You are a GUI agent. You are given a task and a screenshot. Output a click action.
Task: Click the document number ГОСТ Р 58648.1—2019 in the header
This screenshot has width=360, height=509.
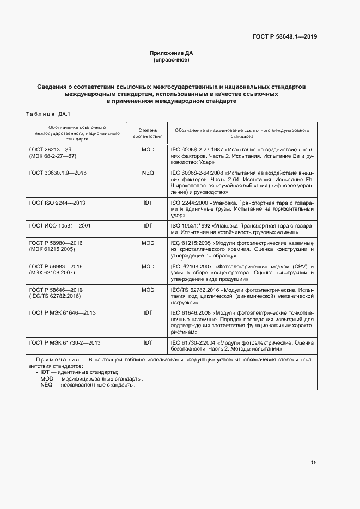[284, 37]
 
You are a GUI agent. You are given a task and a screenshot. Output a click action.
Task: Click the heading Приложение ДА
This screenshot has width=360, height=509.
[171, 53]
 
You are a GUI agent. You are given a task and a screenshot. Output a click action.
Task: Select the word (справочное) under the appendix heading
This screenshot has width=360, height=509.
[171, 60]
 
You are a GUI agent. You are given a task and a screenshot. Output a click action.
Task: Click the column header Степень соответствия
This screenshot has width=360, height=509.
[148, 133]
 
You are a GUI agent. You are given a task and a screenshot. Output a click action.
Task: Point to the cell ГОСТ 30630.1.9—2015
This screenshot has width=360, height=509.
[58, 173]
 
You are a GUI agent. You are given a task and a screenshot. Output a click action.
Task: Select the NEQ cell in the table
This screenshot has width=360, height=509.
[148, 173]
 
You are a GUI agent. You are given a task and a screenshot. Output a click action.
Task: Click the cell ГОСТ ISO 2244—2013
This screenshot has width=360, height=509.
[57, 203]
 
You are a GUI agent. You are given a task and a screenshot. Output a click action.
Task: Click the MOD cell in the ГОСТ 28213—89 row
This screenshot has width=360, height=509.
[148, 149]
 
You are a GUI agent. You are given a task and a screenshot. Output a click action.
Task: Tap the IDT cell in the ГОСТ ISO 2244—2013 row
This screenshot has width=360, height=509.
[148, 203]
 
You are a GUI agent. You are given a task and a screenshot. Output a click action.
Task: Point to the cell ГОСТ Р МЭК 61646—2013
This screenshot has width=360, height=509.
[63, 313]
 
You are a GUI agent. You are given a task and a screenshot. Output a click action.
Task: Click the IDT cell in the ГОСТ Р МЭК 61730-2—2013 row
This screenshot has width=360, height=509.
[148, 343]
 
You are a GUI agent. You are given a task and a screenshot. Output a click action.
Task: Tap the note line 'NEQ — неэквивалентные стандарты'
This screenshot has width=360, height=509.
[88, 385]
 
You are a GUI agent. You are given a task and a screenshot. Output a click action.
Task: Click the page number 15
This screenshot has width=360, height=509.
[314, 463]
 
